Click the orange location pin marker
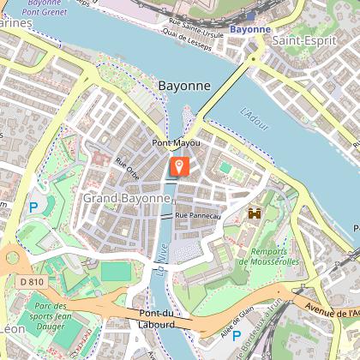coord(180,166)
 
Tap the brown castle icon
coord(255,213)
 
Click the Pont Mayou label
coord(176,142)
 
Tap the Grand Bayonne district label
coord(127,198)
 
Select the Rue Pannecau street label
coord(200,215)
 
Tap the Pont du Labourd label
coord(150,319)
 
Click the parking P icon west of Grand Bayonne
coord(33,207)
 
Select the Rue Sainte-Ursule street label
coord(189,22)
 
